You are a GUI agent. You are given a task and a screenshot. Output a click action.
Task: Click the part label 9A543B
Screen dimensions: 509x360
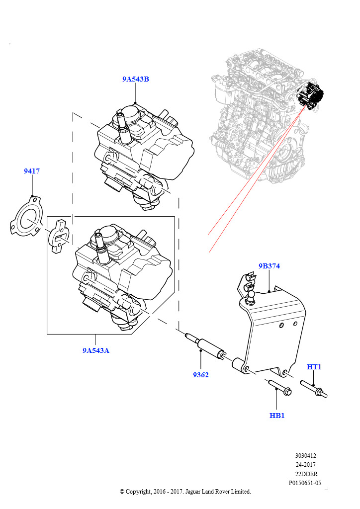pyautogui.click(x=136, y=79)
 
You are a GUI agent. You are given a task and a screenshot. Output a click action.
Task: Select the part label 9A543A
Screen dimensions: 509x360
pyautogui.click(x=96, y=350)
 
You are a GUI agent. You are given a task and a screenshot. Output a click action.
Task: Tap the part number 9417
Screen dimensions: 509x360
pyautogui.click(x=32, y=171)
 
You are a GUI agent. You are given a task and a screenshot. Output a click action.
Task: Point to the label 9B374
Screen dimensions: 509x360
pyautogui.click(x=269, y=266)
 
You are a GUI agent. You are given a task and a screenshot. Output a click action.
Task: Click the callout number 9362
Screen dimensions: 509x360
pyautogui.click(x=201, y=374)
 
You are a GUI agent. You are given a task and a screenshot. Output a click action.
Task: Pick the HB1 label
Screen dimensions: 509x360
pyautogui.click(x=277, y=415)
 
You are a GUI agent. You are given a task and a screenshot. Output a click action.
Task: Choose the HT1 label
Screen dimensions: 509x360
pyautogui.click(x=314, y=367)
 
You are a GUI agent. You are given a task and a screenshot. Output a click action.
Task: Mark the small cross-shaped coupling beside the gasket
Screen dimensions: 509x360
pyautogui.click(x=59, y=238)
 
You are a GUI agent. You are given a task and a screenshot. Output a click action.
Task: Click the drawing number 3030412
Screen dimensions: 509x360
pyautogui.click(x=305, y=455)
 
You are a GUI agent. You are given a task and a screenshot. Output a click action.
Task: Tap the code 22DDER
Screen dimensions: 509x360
pyautogui.click(x=306, y=474)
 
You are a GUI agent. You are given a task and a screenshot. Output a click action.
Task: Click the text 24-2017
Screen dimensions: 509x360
pyautogui.click(x=305, y=464)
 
